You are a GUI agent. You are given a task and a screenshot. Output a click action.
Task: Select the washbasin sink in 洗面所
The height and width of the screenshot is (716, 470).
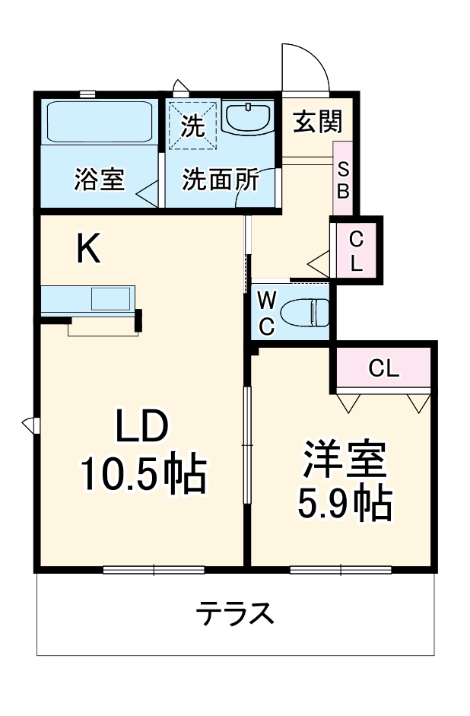(248, 119)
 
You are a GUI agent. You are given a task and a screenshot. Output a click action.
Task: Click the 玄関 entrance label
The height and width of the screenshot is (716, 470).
(317, 120)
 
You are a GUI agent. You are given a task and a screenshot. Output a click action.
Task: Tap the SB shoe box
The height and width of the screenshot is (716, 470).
(343, 180)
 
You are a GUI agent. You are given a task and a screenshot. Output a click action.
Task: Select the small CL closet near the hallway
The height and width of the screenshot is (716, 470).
(356, 252)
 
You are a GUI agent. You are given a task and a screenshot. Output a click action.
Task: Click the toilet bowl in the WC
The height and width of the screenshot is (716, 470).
(305, 312)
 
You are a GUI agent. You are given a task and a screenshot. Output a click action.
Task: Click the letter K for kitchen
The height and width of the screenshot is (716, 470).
(89, 248)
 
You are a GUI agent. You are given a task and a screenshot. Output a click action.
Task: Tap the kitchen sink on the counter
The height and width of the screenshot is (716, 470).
(110, 298)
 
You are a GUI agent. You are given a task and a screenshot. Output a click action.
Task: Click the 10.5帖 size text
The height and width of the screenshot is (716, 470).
(144, 474)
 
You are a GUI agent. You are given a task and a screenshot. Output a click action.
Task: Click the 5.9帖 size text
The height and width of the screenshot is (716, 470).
(345, 501)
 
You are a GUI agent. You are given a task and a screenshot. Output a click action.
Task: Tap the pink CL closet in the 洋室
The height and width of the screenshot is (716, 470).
(383, 368)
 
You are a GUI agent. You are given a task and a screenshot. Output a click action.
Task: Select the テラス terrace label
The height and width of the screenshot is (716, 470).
(234, 613)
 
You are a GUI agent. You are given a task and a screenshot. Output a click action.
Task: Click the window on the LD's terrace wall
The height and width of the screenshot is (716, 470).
(154, 568)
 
